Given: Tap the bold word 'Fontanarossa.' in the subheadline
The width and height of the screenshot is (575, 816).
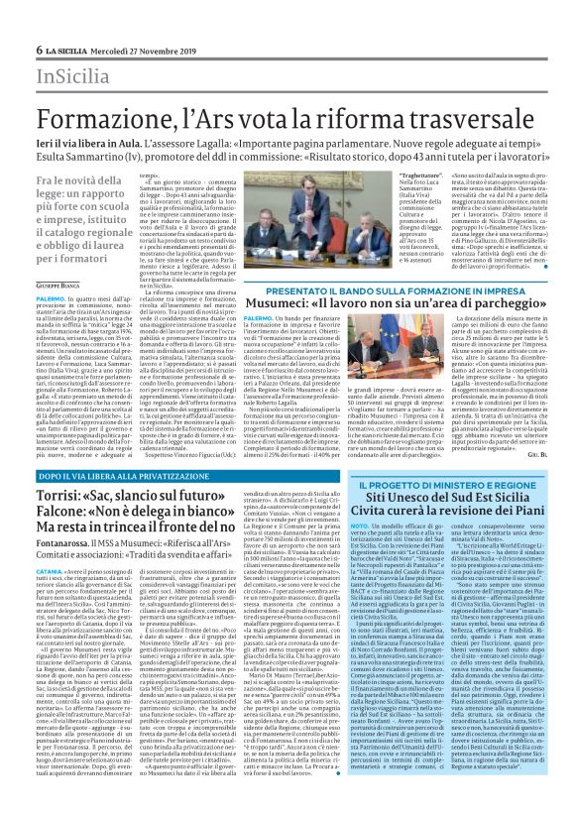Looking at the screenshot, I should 69,566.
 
